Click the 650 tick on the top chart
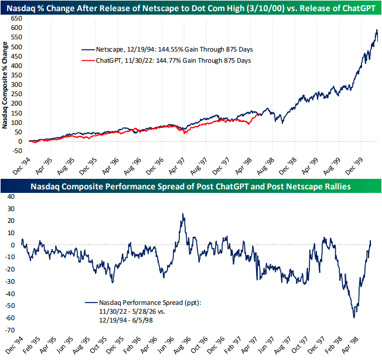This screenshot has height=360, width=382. pyautogui.click(x=16, y=19)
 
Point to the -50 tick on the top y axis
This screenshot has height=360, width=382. pyautogui.click(x=16, y=151)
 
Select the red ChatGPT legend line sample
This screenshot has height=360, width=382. pyautogui.click(x=88, y=60)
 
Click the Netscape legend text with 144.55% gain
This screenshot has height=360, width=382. pyautogui.click(x=174, y=49)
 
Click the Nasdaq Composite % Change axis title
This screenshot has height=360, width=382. pyautogui.click(x=5, y=85)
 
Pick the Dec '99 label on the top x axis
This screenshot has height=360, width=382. pyautogui.click(x=354, y=167)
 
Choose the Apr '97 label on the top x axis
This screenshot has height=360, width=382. pyautogui.click(x=177, y=167)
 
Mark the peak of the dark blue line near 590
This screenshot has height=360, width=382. pyautogui.click(x=377, y=30)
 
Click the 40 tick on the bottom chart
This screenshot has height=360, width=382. pyautogui.click(x=11, y=196)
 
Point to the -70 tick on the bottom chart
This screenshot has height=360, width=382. pyautogui.click(x=10, y=330)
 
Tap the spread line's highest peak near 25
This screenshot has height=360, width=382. pyautogui.click(x=183, y=214)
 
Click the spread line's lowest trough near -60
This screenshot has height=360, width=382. pyautogui.click(x=354, y=318)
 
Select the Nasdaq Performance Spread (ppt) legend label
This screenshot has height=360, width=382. pyautogui.click(x=151, y=303)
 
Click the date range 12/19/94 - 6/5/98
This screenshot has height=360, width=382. pyautogui.click(x=126, y=320)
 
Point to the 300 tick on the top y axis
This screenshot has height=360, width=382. pyautogui.click(x=16, y=85)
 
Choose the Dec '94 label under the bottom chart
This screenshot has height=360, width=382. pyautogui.click(x=14, y=345)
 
